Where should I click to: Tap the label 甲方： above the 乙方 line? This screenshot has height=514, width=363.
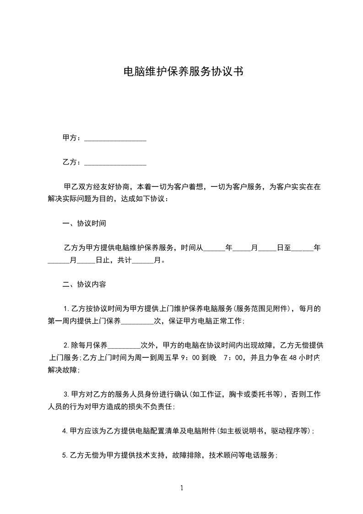click(x=72, y=138)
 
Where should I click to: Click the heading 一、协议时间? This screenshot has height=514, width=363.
click(x=84, y=224)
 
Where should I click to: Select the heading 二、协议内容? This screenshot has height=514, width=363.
click(x=84, y=284)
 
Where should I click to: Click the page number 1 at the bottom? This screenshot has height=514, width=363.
click(x=182, y=488)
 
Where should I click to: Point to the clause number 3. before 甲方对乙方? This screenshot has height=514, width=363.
click(x=67, y=394)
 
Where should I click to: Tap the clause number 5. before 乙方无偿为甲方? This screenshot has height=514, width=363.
click(x=65, y=455)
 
